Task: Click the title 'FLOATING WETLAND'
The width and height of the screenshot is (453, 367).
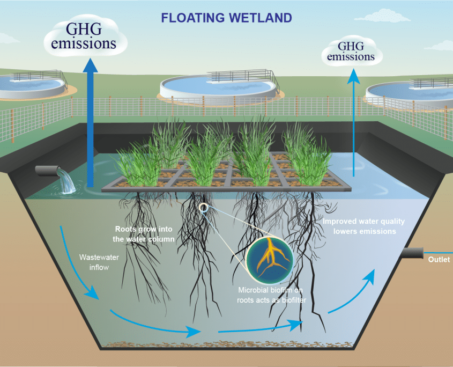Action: pos(226,18)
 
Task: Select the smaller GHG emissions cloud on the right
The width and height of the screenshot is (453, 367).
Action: pos(351,53)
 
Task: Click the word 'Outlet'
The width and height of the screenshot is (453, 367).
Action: pos(439,260)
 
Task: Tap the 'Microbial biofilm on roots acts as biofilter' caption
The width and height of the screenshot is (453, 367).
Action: pos(271,295)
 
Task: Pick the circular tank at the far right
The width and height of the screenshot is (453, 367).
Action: pos(410,92)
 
